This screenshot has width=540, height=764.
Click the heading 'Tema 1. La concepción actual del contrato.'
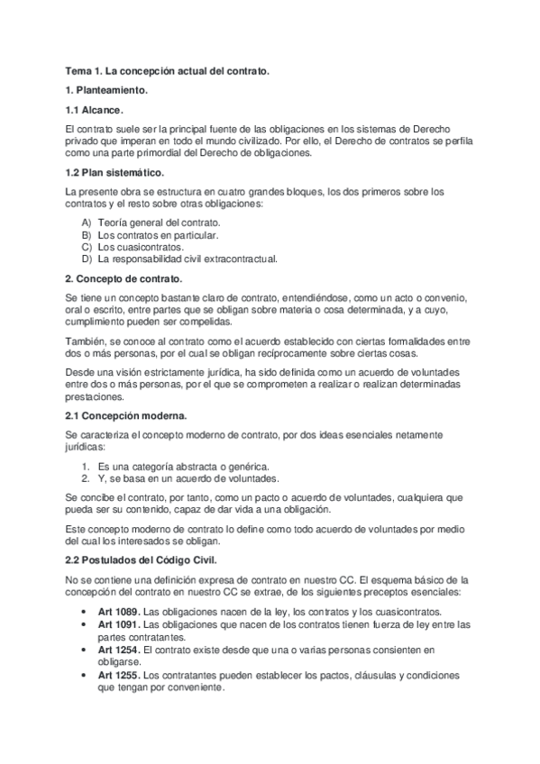tap(168, 69)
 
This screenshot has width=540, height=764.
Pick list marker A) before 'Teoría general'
tap(87, 222)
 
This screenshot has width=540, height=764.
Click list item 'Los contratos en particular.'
tap(158, 234)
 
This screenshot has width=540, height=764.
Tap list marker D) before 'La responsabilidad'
tap(87, 259)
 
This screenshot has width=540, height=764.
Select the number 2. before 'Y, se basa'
tap(87, 478)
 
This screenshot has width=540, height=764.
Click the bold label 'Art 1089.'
tap(119, 611)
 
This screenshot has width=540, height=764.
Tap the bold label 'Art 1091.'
tap(119, 623)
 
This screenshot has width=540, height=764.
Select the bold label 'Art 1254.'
tap(119, 649)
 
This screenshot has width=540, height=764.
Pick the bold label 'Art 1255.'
tap(119, 674)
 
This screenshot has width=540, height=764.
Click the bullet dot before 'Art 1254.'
tap(84, 649)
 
